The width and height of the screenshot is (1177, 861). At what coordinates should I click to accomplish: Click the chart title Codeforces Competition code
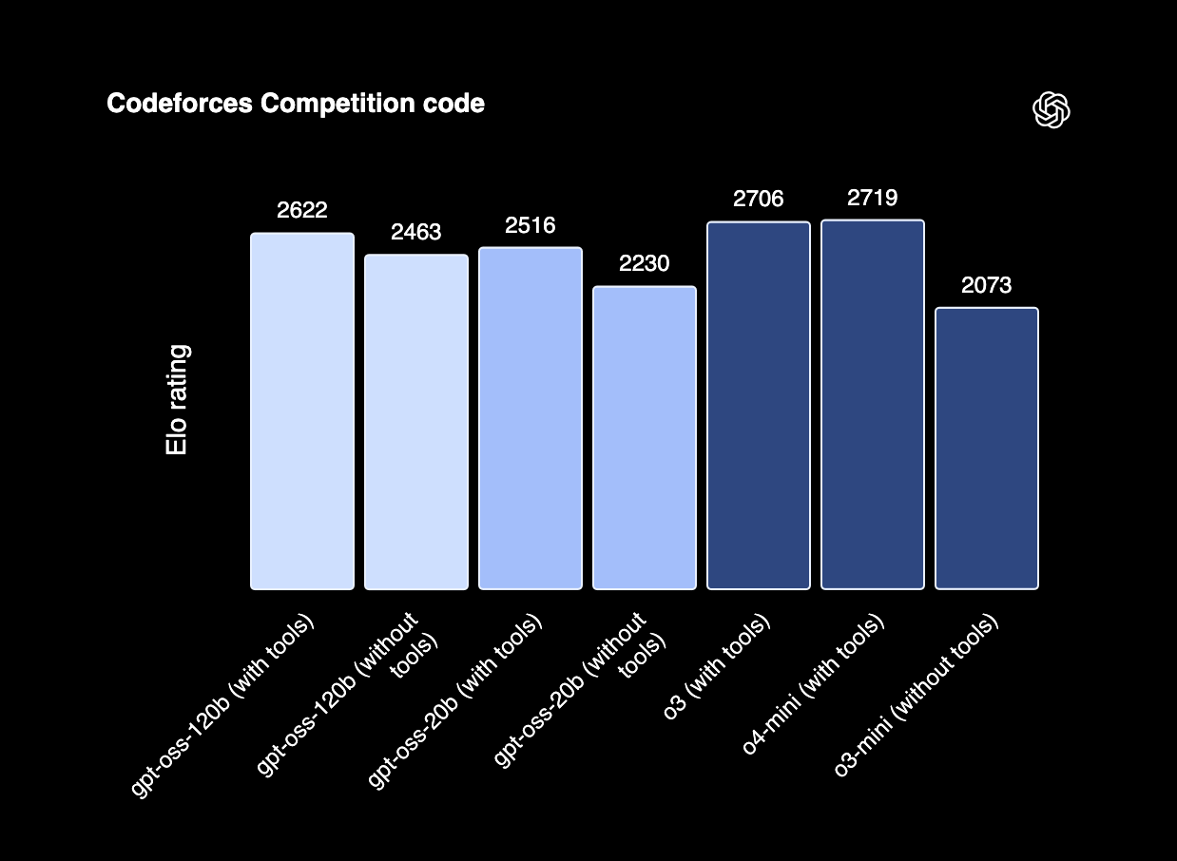coord(296,104)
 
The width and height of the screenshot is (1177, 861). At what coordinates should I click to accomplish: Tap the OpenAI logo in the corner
coord(1052,110)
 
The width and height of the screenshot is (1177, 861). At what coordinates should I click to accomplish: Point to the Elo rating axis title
coord(177,400)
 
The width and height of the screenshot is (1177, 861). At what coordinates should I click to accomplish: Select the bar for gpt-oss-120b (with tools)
coord(302,411)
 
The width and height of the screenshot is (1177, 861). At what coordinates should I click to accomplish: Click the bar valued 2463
coord(416,422)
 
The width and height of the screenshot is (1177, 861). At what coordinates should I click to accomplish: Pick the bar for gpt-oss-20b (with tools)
coord(531,418)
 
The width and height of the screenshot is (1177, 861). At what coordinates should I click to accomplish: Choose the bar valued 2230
coord(645,438)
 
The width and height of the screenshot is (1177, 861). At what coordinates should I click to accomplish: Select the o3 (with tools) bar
coord(759,406)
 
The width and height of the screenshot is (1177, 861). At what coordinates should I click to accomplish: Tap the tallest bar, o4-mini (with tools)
coord(873,405)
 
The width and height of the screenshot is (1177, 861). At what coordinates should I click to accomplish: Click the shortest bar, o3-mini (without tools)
coord(987,449)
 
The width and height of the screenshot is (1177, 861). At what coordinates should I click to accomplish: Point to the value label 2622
coord(302,211)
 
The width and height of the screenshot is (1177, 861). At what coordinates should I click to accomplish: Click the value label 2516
coord(531,226)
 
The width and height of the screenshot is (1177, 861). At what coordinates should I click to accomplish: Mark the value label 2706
coord(759,200)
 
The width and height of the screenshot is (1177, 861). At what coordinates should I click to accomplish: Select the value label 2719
coord(873,199)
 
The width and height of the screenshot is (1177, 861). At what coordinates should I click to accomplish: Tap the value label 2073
coord(987,285)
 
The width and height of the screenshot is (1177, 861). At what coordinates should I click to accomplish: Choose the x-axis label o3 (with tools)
coord(717,667)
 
